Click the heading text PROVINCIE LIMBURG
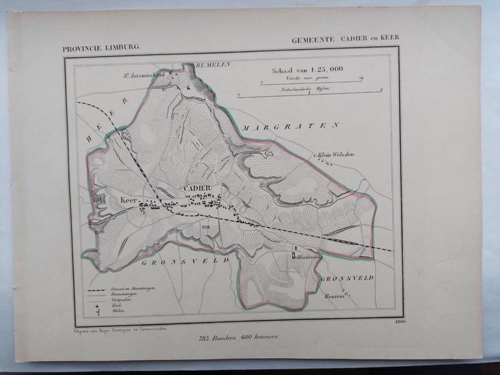click(x=101, y=47)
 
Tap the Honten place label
click(x=333, y=297)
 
